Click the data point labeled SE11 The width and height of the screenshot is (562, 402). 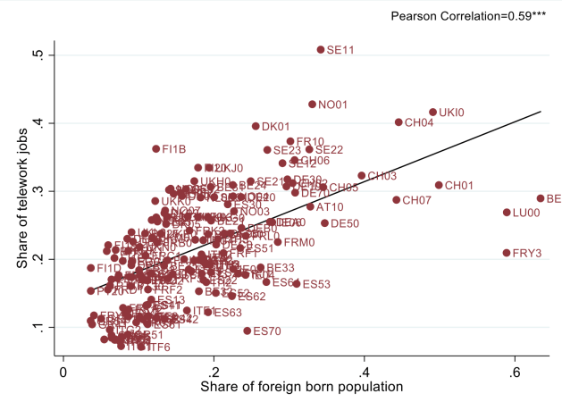click(x=321, y=49)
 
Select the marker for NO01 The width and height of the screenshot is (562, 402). click(x=312, y=105)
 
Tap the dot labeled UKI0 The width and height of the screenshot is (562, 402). click(x=433, y=113)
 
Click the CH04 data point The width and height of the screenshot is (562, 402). click(x=398, y=122)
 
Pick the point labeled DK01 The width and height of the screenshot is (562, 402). click(x=256, y=127)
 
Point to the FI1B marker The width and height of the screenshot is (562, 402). click(x=155, y=149)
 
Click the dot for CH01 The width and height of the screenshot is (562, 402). click(x=439, y=186)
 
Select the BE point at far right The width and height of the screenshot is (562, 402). click(x=541, y=198)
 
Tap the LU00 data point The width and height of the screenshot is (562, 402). click(x=507, y=213)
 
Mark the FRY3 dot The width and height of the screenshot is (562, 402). click(x=507, y=253)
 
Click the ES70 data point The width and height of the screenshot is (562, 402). click(x=247, y=331)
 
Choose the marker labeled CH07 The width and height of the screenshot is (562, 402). click(x=397, y=200)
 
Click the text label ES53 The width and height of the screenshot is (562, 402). click(x=316, y=285)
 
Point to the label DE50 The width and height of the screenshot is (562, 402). click(x=345, y=223)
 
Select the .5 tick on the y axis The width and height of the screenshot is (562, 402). click(x=37, y=55)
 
